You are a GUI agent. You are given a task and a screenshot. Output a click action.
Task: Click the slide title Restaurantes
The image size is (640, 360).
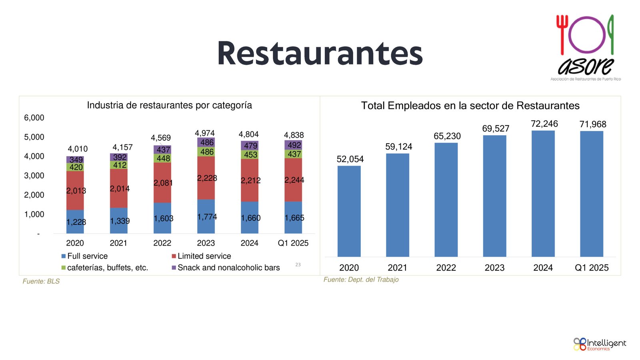tap(320, 54)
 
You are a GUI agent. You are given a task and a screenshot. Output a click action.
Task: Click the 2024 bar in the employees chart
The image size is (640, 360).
tap(543, 194)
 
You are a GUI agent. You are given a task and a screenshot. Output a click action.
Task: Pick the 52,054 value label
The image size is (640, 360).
tap(350, 159)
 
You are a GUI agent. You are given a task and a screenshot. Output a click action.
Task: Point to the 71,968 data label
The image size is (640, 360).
tap(592, 124)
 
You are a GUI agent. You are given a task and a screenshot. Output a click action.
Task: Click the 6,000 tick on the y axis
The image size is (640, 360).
tap(34, 118)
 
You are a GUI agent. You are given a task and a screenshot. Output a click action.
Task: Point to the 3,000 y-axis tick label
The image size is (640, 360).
tap(34, 176)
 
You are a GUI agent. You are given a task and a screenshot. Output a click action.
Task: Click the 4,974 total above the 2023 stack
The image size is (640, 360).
tap(205, 133)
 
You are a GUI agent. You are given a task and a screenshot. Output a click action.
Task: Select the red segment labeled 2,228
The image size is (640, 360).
tap(206, 178)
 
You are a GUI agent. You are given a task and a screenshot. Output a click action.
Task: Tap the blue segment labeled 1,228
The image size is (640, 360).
tap(75, 222)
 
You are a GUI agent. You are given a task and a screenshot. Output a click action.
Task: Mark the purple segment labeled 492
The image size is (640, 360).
tap(293, 145)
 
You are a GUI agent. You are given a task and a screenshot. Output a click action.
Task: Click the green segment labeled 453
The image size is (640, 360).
tap(250, 155)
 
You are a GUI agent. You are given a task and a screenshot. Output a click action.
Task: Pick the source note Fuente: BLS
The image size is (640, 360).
tap(41, 281)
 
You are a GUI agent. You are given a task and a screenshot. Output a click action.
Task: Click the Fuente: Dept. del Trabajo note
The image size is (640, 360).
tap(361, 280)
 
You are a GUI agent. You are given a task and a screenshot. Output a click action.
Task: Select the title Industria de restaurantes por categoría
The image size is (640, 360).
tap(169, 105)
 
